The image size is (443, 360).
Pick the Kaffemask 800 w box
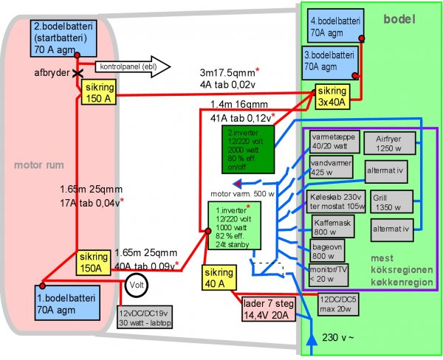pyautogui.click(x=330, y=225)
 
